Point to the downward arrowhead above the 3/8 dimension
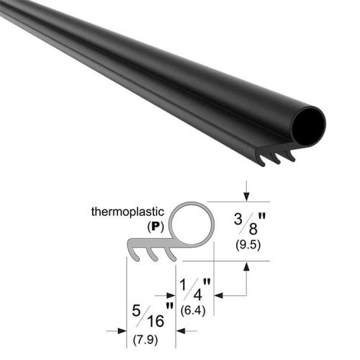tap(247, 197)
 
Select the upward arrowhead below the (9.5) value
tap(247, 266)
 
